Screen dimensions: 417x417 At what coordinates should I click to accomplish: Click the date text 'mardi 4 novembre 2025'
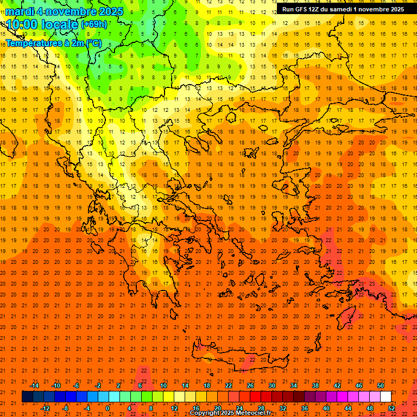[x=65, y=11]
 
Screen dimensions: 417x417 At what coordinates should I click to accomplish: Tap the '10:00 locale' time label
[x=42, y=24]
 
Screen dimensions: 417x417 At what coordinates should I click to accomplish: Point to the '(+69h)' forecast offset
[x=94, y=24]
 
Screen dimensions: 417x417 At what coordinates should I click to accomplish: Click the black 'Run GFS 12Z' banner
[x=343, y=9]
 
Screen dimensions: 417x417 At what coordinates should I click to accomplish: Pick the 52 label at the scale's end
[x=391, y=408]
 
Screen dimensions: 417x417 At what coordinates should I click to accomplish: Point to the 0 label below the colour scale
[x=108, y=408]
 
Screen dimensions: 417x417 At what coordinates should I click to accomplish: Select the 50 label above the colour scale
[x=380, y=386]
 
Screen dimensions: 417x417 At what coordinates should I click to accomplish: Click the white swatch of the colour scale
[x=386, y=396]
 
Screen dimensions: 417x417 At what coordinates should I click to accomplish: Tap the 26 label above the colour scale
[x=250, y=386]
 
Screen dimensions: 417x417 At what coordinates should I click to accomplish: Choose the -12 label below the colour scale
[x=45, y=408]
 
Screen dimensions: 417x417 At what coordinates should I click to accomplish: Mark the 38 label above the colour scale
[x=315, y=386]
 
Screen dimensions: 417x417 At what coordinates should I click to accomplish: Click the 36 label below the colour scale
[x=305, y=408]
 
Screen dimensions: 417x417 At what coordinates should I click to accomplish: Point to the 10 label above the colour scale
[x=163, y=386]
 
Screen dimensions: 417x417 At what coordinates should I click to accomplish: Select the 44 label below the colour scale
[x=348, y=408]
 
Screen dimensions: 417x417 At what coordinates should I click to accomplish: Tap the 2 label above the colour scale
[x=118, y=386]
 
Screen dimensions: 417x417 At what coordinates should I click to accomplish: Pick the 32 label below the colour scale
[x=283, y=408]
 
